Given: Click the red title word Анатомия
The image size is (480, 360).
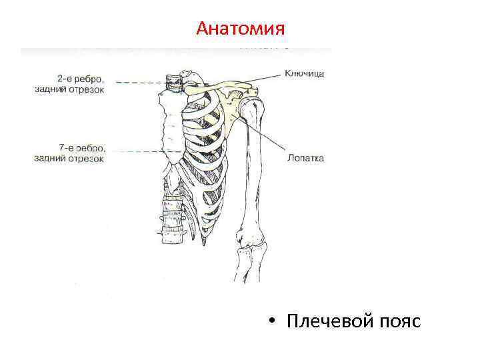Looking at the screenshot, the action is [241, 29].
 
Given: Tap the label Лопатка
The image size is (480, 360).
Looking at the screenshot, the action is [305, 158].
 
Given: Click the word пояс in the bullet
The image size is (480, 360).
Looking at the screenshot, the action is [399, 321].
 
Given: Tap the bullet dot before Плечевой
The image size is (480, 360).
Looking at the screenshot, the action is [273, 321].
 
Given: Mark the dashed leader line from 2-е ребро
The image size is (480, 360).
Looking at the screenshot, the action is [140, 83].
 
